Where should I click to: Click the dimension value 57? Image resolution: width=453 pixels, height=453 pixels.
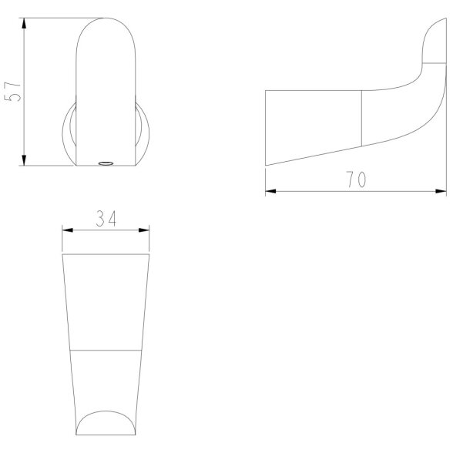12,92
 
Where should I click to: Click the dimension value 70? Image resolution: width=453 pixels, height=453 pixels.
356,179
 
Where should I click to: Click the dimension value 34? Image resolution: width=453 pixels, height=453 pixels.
106,219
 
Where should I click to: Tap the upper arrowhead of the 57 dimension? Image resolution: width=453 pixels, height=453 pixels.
24,23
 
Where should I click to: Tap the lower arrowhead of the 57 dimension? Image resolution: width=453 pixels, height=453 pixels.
24,160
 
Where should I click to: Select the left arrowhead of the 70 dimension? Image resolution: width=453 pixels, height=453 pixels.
270,191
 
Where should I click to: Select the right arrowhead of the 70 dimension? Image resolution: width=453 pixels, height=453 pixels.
441,191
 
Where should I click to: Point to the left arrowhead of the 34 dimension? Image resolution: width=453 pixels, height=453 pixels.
68,230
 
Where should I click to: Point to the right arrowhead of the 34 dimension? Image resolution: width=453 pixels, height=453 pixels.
144,230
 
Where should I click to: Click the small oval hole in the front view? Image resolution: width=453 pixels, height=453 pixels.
106,163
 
